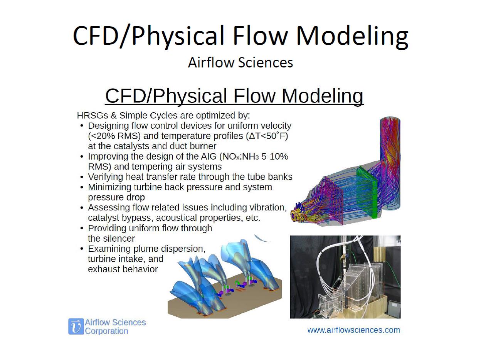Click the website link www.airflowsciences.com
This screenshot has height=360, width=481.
click(353, 330)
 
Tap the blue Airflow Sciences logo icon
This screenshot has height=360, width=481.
click(76, 326)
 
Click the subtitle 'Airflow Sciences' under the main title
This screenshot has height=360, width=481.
click(240, 62)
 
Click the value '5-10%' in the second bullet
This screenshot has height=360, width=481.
click(274, 156)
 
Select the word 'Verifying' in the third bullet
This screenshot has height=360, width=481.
click(104, 177)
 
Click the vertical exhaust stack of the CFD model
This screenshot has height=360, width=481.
click(390, 162)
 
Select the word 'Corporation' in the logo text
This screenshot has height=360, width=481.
click(106, 331)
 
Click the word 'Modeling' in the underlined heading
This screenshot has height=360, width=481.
click(323, 96)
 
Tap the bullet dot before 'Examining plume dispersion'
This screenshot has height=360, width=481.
click(82, 249)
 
